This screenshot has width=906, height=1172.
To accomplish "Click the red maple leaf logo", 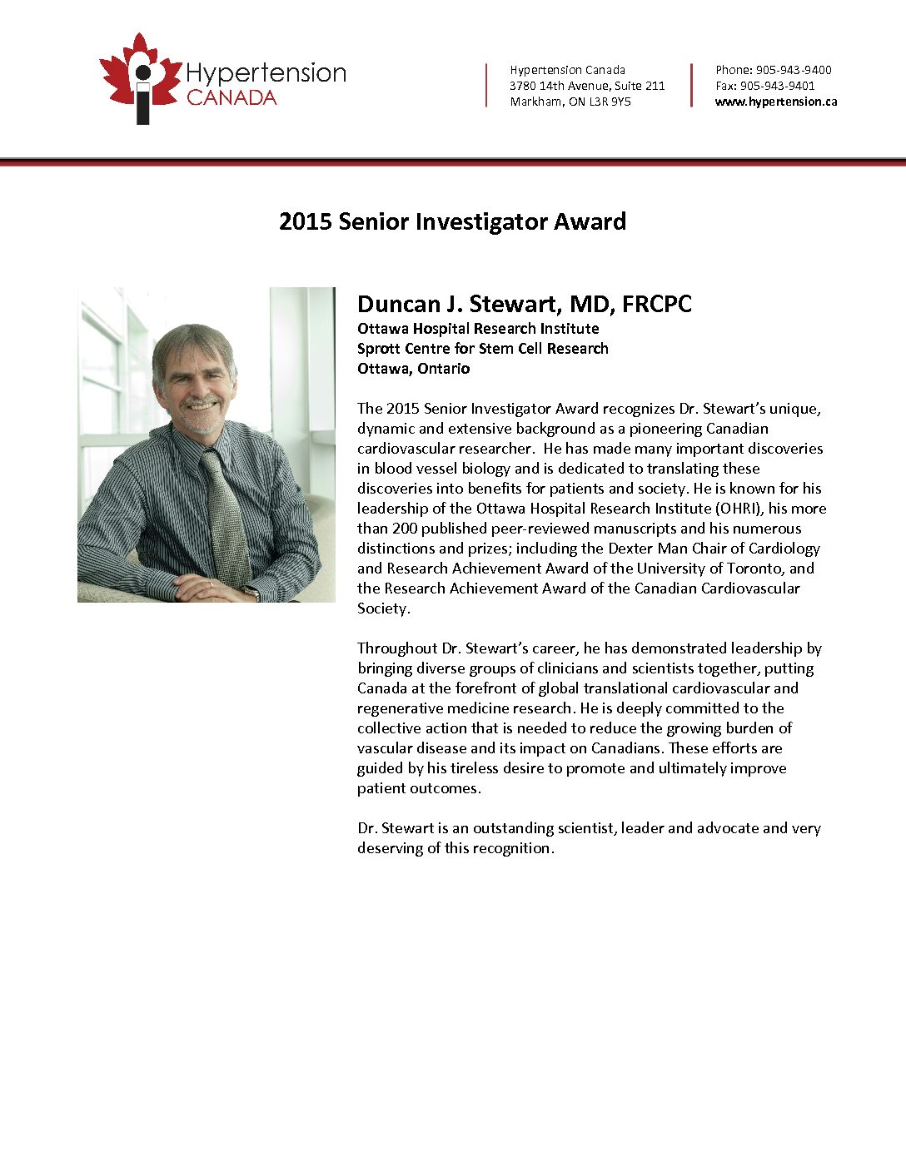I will [x=139, y=77].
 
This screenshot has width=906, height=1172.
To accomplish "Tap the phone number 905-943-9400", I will [x=794, y=70].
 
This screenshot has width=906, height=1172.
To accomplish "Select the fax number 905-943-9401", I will [x=778, y=86].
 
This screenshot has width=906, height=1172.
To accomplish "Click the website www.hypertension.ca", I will [x=776, y=102].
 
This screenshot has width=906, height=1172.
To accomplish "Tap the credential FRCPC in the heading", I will [x=657, y=305].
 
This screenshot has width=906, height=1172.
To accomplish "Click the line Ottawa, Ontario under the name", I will [x=414, y=369].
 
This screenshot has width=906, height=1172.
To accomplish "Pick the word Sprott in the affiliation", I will [x=380, y=349].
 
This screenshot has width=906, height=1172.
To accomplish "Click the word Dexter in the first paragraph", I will [x=630, y=549].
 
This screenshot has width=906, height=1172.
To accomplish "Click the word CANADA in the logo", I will [x=231, y=98].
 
